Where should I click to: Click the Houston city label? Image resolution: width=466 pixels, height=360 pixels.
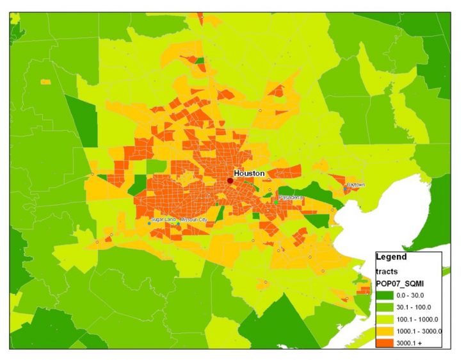(249, 174)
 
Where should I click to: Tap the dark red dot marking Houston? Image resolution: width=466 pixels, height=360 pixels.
(230, 181)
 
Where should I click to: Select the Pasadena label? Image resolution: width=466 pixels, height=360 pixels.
(290, 197)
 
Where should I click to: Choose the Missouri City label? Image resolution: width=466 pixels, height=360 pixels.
(195, 220)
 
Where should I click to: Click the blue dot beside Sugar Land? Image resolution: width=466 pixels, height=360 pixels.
(149, 224)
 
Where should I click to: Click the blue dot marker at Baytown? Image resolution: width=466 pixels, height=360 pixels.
(346, 188)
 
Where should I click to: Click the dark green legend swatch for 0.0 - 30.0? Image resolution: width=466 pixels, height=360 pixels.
(386, 295)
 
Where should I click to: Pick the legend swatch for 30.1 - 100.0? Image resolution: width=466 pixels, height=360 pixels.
(386, 307)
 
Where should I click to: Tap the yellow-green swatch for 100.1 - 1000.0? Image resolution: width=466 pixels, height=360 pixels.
(386, 319)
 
